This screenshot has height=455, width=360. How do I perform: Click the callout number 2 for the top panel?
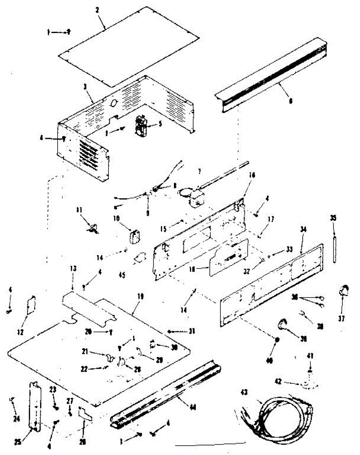coord(97,10)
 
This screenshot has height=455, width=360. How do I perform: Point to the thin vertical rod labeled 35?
coord(335,248)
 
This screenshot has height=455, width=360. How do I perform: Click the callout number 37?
coord(342,319)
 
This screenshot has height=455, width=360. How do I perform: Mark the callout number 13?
coord(73,268)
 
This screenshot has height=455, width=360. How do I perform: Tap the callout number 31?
coord(192,331)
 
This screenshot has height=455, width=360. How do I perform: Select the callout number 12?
coord(20,333)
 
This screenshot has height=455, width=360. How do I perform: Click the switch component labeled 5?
coord(141,126)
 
